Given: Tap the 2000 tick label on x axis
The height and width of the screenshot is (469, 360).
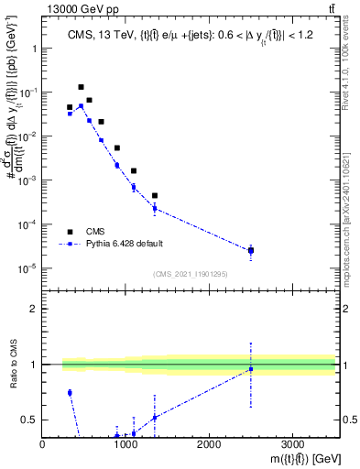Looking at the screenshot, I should (209, 443).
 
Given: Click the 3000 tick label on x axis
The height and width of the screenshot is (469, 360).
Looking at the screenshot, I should (292, 443).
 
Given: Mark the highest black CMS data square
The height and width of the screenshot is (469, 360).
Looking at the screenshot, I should (82, 87).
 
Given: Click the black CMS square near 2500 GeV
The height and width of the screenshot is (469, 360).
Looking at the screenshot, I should (251, 250).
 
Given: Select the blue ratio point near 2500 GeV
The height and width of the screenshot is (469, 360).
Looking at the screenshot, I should (251, 369).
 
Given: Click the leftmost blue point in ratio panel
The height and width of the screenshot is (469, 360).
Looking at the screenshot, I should (70, 392).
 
